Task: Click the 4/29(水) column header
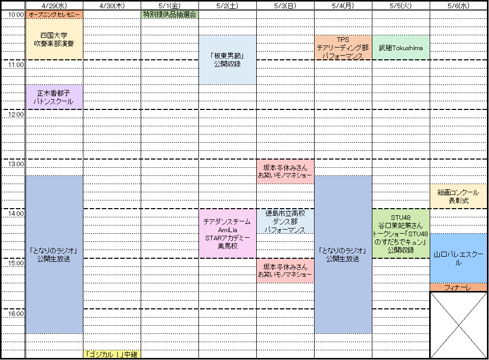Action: click(54, 6)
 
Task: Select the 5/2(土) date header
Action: click(227, 6)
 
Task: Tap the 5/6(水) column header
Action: click(458, 6)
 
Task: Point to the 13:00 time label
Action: click(15, 164)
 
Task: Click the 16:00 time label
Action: click(15, 313)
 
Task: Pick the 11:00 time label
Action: click(15, 65)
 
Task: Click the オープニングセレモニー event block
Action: click(54, 15)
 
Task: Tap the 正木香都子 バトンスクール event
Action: click(54, 97)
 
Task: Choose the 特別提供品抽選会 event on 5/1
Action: click(169, 15)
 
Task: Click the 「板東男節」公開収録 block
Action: click(227, 60)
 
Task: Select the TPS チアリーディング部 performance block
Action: click(343, 48)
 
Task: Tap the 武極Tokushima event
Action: click(401, 48)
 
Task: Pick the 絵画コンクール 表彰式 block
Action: click(458, 196)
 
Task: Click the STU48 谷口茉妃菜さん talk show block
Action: click(401, 233)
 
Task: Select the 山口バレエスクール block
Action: click(458, 258)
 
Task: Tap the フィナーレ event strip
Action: click(458, 287)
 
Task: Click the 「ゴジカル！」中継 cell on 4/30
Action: click(112, 354)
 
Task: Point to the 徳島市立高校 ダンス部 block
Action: click(285, 221)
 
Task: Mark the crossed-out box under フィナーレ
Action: click(458, 325)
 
